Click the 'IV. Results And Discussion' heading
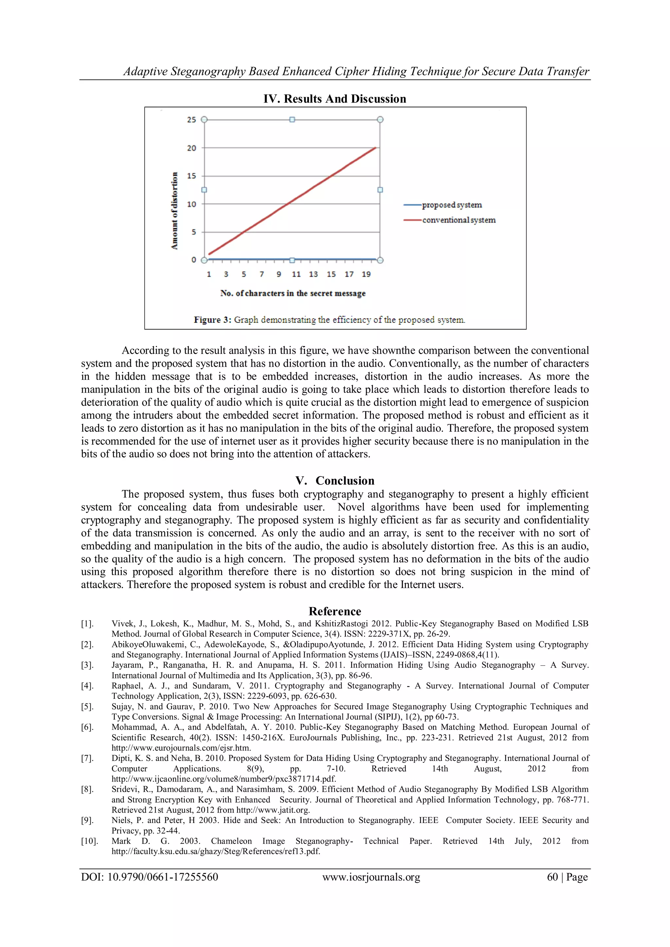point(335,99)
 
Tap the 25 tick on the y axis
point(191,120)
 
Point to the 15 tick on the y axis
point(191,176)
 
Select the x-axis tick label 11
point(296,274)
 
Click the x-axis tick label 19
point(366,274)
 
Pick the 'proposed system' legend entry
point(452,205)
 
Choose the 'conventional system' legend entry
point(458,220)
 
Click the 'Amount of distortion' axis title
point(175,210)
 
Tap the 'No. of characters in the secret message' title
point(293,293)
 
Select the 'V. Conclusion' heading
point(335,481)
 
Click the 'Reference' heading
point(335,611)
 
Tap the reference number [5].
point(87,707)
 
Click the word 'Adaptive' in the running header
point(146,72)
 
